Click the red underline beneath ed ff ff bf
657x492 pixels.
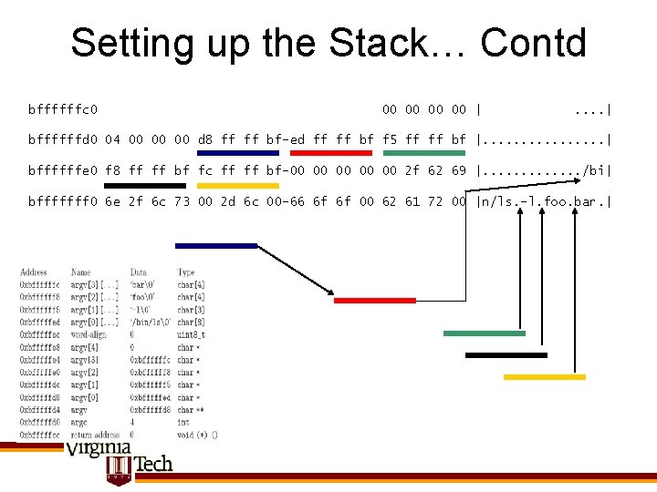[x=330, y=153]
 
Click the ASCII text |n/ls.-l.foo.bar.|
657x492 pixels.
[x=544, y=200]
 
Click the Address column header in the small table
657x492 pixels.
[x=34, y=272]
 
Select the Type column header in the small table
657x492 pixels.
[x=186, y=272]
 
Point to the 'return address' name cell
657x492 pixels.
[x=94, y=435]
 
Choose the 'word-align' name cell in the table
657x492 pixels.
[x=89, y=334]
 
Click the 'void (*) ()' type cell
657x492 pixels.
[x=197, y=435]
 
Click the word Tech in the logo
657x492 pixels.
[x=152, y=464]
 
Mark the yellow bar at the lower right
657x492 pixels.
[x=545, y=376]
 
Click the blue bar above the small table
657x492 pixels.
[x=216, y=245]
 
